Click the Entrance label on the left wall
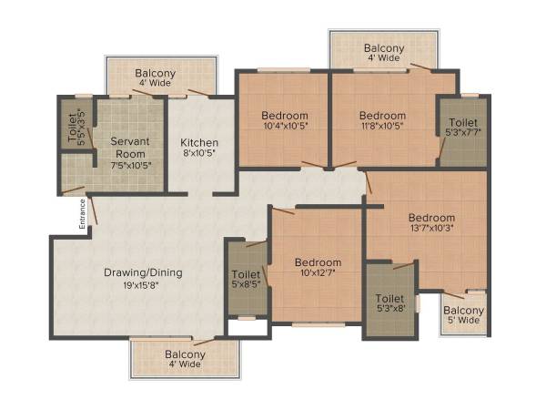coord(81,211)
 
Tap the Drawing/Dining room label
coord(142,272)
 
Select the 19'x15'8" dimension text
coord(142,285)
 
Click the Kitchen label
coord(198,143)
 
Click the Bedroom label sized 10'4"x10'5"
coord(284,116)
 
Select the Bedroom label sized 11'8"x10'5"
coord(381,116)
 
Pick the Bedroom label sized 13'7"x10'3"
coord(430,218)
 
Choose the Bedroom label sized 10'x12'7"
coord(318,263)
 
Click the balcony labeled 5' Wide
coord(463,314)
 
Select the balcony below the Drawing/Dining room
coord(185,358)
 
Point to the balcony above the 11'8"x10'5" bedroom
coord(384,54)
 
